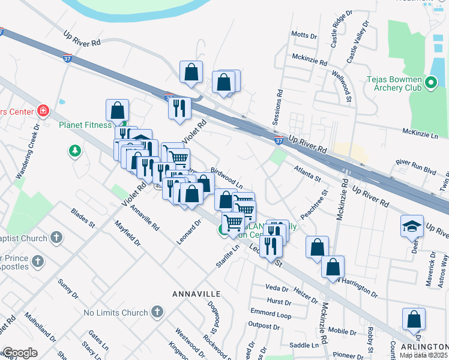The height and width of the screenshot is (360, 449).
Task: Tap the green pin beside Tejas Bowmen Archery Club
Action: tap(430, 83)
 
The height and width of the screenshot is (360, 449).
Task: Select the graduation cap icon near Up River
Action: tap(412, 226)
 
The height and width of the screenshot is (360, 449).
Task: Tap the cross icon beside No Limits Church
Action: tap(157, 312)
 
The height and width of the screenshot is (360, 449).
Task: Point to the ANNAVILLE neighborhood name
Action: tap(197, 294)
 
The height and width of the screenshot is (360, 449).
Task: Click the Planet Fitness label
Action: tap(85, 125)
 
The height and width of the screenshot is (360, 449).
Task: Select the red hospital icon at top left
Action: tap(43, 111)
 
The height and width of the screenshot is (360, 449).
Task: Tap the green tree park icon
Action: tap(74, 151)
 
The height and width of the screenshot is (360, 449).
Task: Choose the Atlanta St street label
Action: tap(307, 175)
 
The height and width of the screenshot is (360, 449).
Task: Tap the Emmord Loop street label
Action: tap(271, 314)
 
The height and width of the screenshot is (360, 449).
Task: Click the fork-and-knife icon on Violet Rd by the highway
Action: tap(179, 108)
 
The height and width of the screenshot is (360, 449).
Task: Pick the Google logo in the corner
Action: tap(20, 353)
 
